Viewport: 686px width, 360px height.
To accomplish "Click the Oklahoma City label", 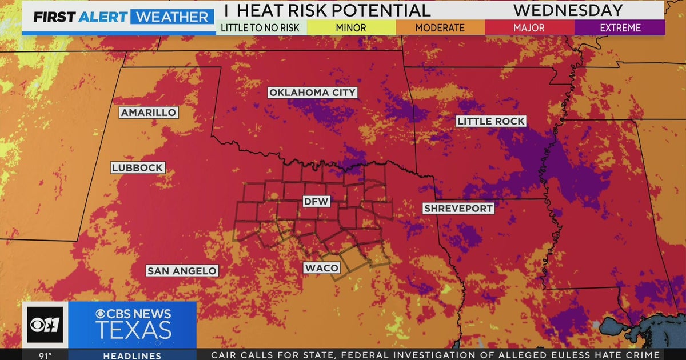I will coord(312,93).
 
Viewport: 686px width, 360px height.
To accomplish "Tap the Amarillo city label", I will coord(149,113).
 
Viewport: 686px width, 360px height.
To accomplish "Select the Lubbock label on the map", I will coord(138,168).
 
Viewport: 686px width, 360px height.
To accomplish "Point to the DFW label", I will coord(316,201).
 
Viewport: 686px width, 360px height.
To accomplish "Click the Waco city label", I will coord(321,268).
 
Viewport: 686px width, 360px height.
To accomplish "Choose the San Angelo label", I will coord(182,271).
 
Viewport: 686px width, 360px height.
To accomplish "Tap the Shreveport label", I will coord(458,209).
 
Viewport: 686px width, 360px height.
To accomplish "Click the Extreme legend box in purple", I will coord(620,27).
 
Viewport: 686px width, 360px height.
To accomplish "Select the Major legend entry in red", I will coord(529,27).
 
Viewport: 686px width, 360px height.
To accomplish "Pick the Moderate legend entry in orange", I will coord(440,27).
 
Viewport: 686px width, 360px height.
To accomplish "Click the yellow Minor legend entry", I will coord(351,27).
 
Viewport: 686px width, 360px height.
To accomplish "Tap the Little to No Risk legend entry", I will coord(261,27).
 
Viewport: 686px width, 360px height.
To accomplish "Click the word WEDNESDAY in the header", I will coord(568,10).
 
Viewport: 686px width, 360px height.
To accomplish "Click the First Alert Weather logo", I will coord(121,17).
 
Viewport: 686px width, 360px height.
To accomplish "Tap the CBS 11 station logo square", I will coord(45,325).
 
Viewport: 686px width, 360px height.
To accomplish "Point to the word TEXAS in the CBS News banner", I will coord(133,331).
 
